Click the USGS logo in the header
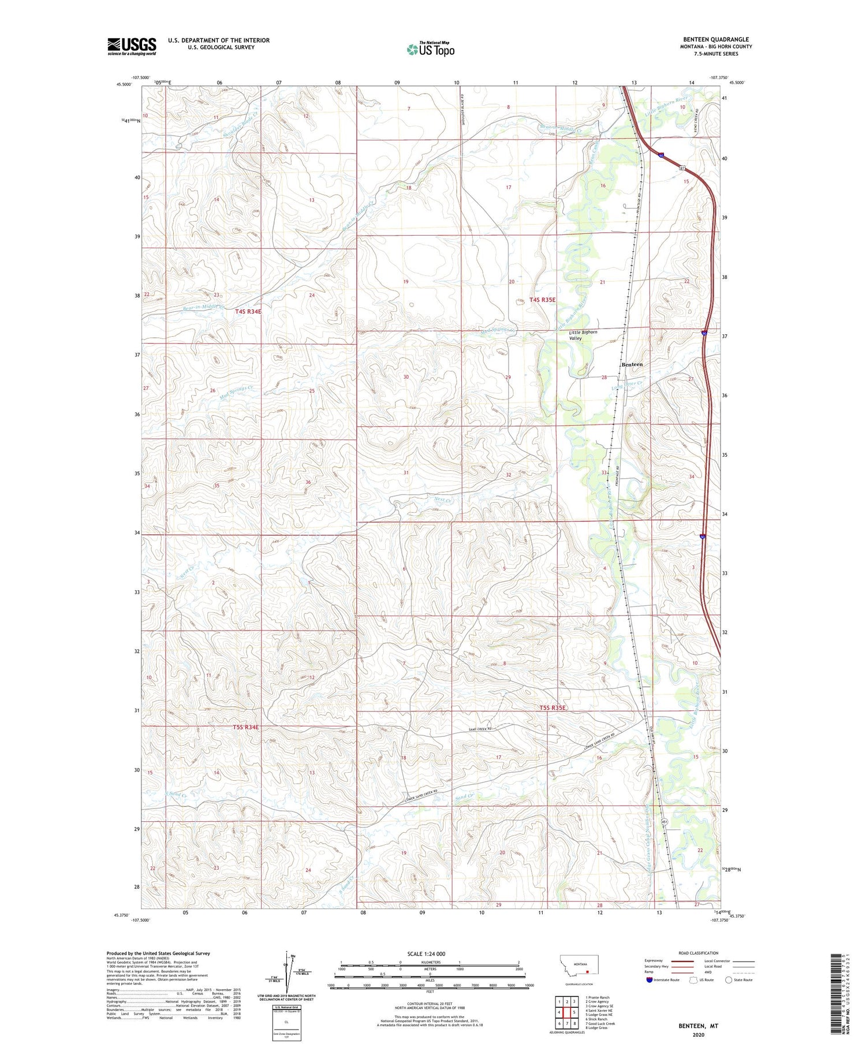(x=132, y=46)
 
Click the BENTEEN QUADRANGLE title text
(x=716, y=40)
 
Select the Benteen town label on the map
(x=632, y=364)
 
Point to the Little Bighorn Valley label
(x=583, y=336)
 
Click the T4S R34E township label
(x=248, y=311)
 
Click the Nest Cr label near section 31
(x=442, y=500)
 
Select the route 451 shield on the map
(x=664, y=822)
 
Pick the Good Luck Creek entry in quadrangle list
(x=600, y=1023)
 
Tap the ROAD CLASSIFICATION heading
(x=699, y=953)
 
